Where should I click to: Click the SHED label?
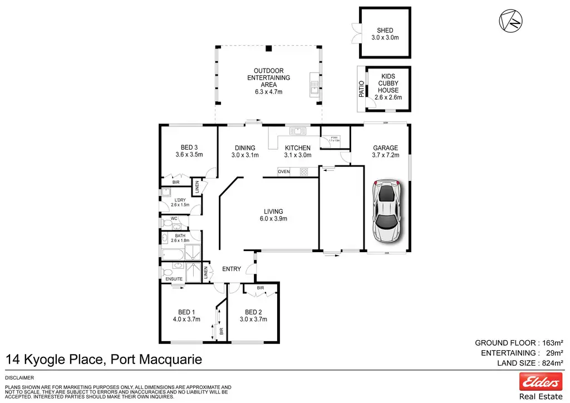pos(385,31)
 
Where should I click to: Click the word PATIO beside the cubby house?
pos(361,89)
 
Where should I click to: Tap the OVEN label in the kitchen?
pos(284,171)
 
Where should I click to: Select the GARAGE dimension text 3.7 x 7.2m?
pos(386,155)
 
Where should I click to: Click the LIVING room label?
pos(273,212)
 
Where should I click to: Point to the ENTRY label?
pos(232,269)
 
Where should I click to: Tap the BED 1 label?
pos(186,312)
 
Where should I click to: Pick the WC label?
pos(174,218)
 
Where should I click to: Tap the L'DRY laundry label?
pos(180,200)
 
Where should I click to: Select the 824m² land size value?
pos(552,363)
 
